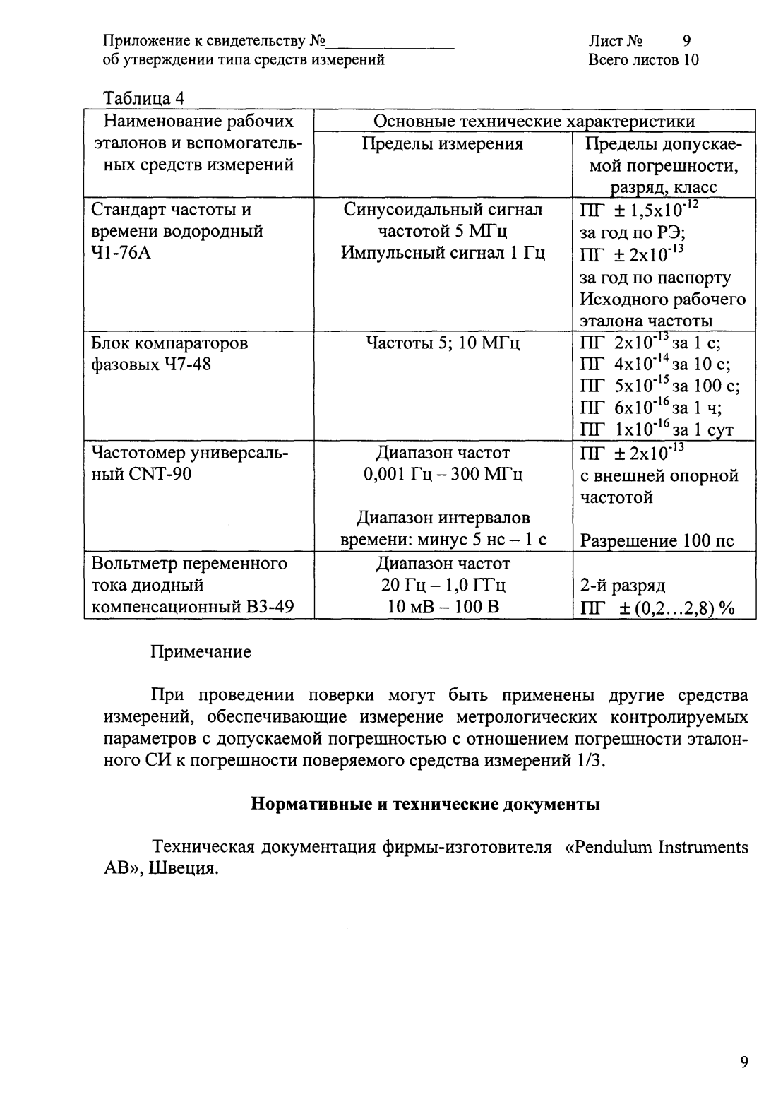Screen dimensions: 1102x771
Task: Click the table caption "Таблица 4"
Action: pos(143,97)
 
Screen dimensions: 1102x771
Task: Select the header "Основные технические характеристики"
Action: pos(534,122)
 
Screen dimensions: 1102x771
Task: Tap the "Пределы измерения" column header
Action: pos(443,144)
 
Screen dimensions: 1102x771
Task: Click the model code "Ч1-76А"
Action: pos(121,254)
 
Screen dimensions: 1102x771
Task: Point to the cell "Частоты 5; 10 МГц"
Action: pos(443,344)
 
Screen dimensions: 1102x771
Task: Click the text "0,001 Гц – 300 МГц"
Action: pos(443,474)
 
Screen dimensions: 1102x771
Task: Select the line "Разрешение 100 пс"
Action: pos(657,541)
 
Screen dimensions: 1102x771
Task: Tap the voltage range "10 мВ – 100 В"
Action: pos(443,607)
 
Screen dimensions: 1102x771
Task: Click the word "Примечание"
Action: pos(201,651)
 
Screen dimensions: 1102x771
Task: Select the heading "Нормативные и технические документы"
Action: pos(426,804)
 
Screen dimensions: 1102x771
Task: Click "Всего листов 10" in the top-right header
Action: pos(643,60)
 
